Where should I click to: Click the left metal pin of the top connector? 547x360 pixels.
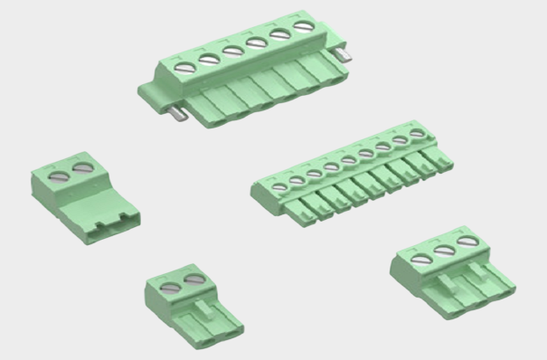pos(179,112)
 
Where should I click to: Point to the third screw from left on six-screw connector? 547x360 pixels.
pos(233,52)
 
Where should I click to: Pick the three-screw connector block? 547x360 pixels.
pos(452,271)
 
